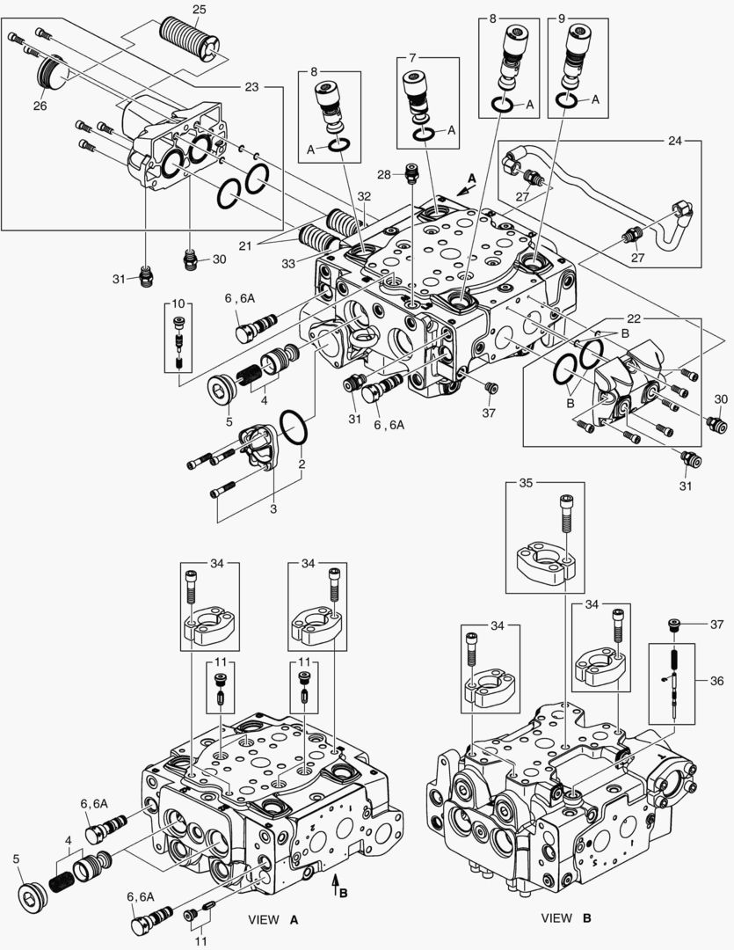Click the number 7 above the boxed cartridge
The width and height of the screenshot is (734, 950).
[412, 57]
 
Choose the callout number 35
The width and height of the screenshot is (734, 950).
[525, 483]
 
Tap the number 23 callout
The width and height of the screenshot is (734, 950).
[252, 87]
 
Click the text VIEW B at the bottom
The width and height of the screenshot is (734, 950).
[566, 918]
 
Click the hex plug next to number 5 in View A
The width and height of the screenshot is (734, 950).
[33, 898]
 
